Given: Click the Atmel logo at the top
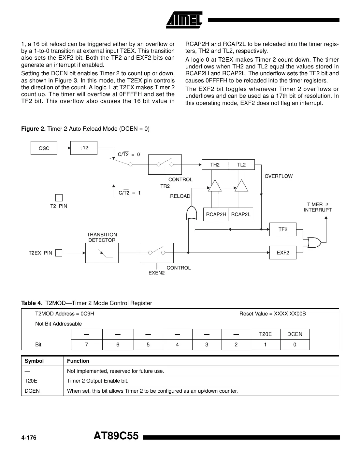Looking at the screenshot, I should pyautogui.click(x=184, y=20).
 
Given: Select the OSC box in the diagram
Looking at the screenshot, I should pyautogui.click(x=44, y=148).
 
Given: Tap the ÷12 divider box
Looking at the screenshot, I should pyautogui.click(x=84, y=148).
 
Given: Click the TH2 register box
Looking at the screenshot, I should pyautogui.click(x=215, y=165).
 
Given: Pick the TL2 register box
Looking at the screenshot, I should pyautogui.click(x=241, y=165).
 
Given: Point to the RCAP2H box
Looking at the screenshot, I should pyautogui.click(x=216, y=214).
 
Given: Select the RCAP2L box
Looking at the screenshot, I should pyautogui.click(x=240, y=214).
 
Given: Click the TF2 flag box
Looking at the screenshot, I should pyautogui.click(x=283, y=229).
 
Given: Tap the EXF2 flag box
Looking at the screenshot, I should pyautogui.click(x=283, y=253).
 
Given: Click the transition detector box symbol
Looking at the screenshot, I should pyautogui.click(x=102, y=253).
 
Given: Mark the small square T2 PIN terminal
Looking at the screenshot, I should pyautogui.click(x=59, y=198).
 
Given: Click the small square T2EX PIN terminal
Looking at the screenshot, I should pyautogui.click(x=59, y=253).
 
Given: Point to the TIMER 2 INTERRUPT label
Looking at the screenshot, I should pyautogui.click(x=317, y=207).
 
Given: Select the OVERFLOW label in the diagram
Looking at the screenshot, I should pyautogui.click(x=279, y=176).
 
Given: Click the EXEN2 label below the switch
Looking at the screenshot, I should pyautogui.click(x=156, y=273).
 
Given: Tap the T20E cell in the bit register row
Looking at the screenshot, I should pyautogui.click(x=265, y=334).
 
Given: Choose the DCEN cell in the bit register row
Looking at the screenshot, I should pyautogui.click(x=295, y=334).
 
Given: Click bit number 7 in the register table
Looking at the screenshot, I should pyautogui.click(x=86, y=345).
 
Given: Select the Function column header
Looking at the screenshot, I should pyautogui.click(x=78, y=361).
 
